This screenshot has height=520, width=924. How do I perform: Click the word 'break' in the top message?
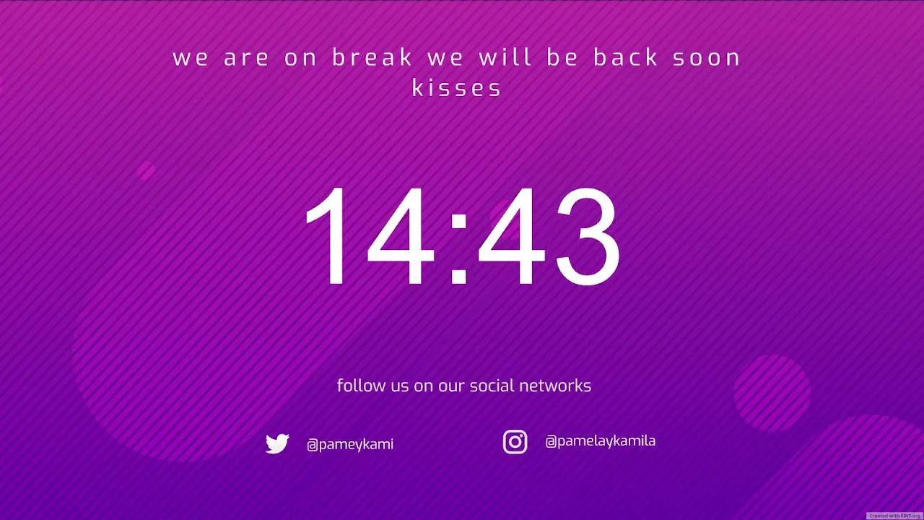(x=372, y=57)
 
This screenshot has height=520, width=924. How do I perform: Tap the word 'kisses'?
(x=457, y=87)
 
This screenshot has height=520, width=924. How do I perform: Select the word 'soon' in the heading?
(x=707, y=58)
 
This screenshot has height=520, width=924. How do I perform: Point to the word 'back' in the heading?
(x=625, y=57)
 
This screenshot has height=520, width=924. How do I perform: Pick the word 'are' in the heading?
(x=246, y=58)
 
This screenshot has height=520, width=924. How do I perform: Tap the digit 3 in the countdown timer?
(x=588, y=236)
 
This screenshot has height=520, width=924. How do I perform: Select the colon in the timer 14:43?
(x=458, y=249)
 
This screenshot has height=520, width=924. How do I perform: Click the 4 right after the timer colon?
(x=511, y=235)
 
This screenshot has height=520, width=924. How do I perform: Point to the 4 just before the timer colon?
(x=400, y=235)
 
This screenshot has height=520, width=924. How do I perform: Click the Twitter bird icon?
(x=277, y=443)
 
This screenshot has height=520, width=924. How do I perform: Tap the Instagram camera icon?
(x=515, y=441)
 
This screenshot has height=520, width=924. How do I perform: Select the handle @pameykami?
(x=350, y=444)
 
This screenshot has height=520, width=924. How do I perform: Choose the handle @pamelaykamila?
(x=600, y=441)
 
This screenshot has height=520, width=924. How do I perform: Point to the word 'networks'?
(x=555, y=386)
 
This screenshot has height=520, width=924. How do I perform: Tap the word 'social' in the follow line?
(x=492, y=386)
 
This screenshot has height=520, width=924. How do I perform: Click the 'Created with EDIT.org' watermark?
(x=894, y=516)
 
